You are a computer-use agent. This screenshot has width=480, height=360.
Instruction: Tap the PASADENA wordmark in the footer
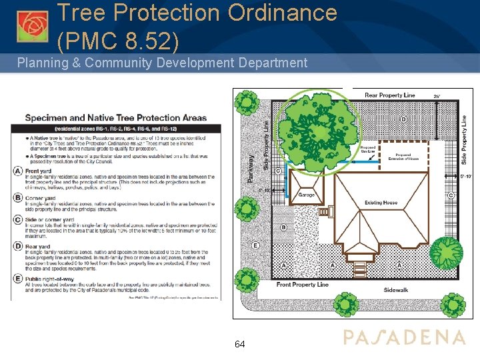[404, 337]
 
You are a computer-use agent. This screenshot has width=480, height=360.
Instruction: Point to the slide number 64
[240, 344]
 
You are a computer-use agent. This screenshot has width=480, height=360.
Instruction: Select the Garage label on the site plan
[307, 195]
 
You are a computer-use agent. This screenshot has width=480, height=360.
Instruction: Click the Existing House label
[381, 203]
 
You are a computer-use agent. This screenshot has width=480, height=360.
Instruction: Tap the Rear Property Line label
[390, 95]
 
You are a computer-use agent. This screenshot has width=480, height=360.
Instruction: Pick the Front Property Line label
[303, 285]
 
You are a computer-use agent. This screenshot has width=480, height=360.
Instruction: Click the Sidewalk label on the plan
[396, 290]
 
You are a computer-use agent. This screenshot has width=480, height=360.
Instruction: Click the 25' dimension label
[437, 97]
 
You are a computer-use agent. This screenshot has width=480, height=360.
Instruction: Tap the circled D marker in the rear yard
[403, 119]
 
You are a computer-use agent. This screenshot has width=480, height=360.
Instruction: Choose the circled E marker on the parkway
[256, 245]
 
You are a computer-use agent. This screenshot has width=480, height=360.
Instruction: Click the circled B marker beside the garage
[283, 227]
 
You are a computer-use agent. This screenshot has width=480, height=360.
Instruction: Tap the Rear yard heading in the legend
[39, 247]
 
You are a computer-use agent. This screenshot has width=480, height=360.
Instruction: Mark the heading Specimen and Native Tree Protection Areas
[116, 118]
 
